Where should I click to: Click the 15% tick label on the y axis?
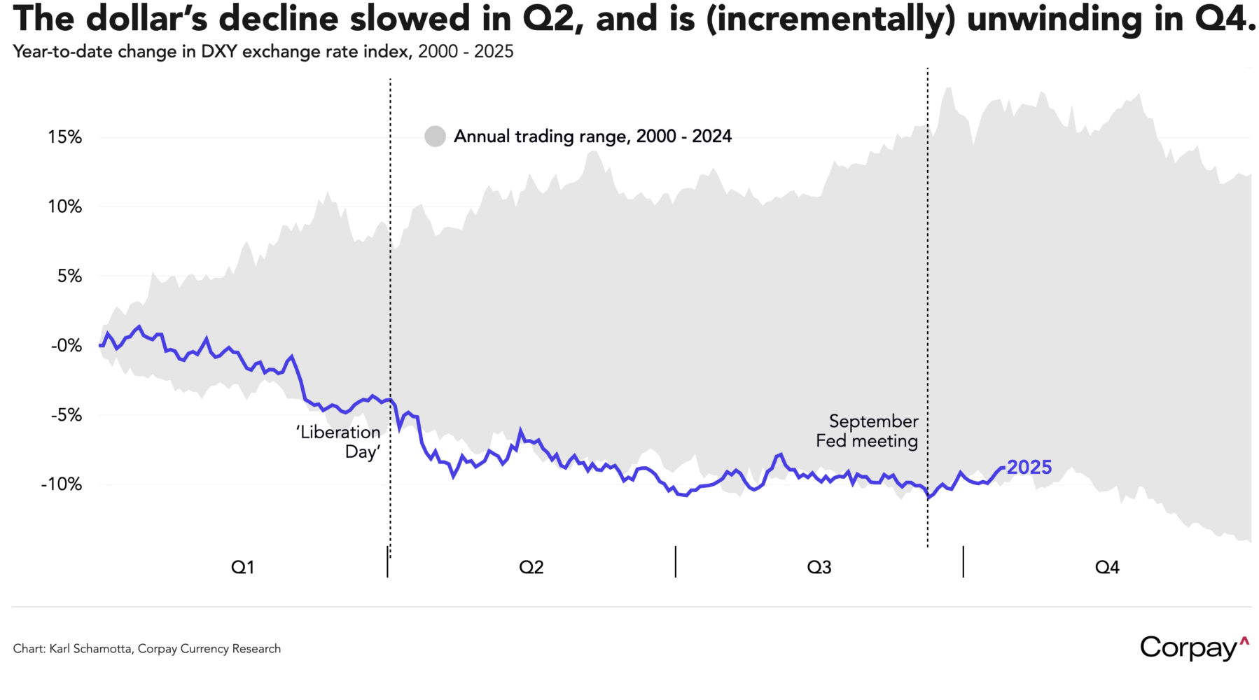click(64, 137)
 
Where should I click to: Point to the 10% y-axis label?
click(64, 206)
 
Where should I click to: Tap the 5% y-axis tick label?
click(69, 276)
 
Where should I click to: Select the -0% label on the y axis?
click(66, 345)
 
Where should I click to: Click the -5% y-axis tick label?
click(66, 414)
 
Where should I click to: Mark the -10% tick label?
click(62, 484)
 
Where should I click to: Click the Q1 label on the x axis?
click(242, 567)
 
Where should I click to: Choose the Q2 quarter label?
click(531, 567)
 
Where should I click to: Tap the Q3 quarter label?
click(819, 567)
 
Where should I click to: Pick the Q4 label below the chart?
click(1107, 567)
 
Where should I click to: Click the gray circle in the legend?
click(435, 136)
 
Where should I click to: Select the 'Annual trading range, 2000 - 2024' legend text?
click(592, 136)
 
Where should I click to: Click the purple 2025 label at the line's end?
click(1029, 468)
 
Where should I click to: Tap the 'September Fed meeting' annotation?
click(868, 431)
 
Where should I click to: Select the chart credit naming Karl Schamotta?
click(146, 649)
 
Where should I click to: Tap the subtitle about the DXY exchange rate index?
click(263, 52)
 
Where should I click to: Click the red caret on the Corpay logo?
click(1244, 640)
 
